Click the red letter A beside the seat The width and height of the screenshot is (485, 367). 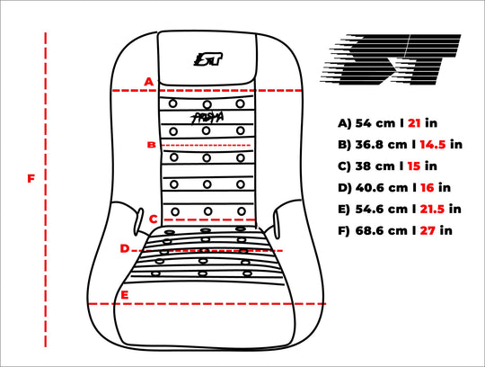[x=149, y=82]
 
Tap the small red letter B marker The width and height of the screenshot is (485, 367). [x=151, y=145]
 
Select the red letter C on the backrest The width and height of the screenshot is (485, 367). [x=154, y=219]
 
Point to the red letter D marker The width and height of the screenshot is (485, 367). [x=125, y=248]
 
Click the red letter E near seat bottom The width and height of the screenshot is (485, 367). [x=124, y=295]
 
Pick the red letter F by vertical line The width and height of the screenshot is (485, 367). [x=31, y=179]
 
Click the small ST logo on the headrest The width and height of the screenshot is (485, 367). [x=208, y=58]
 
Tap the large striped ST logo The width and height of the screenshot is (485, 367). [x=391, y=59]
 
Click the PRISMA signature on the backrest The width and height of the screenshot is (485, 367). [x=207, y=117]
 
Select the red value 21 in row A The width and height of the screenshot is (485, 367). [x=414, y=123]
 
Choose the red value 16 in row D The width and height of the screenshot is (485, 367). [x=428, y=188]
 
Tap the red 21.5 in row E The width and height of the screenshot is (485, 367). [x=432, y=210]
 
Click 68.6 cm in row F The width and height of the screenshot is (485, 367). [x=382, y=231]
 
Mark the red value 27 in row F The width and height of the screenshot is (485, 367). [x=428, y=231]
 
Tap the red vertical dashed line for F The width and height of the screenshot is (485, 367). [x=46, y=190]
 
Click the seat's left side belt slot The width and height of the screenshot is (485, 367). [x=138, y=222]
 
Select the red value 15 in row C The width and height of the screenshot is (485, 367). [x=414, y=166]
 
